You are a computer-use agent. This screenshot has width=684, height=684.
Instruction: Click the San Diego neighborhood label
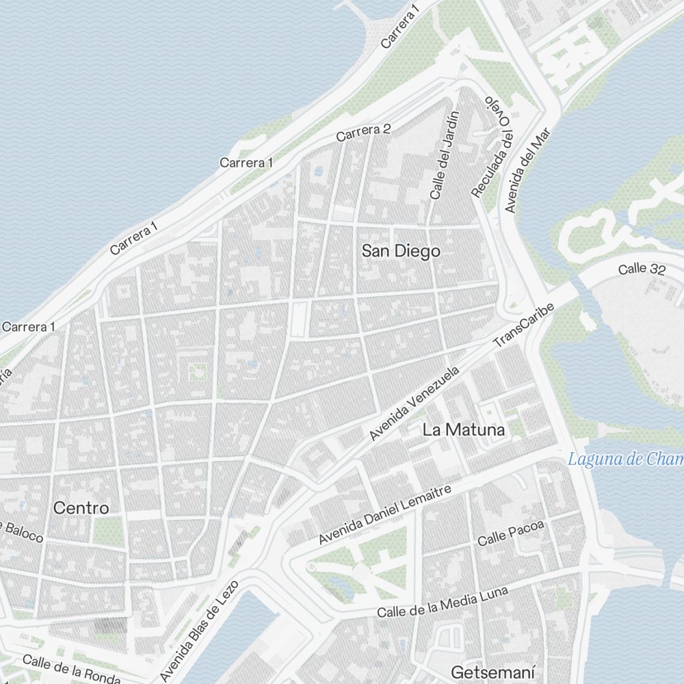[401, 252]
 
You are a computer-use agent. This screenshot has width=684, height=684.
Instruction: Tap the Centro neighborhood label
[81, 508]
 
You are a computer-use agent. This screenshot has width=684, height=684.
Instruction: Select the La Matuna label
[464, 430]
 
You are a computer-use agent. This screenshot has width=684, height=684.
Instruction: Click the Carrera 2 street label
[363, 133]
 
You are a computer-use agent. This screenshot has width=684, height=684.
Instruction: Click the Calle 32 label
[642, 269]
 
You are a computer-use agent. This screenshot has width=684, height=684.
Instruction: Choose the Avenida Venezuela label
[413, 404]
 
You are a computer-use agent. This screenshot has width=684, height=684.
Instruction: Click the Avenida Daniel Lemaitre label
[385, 515]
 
